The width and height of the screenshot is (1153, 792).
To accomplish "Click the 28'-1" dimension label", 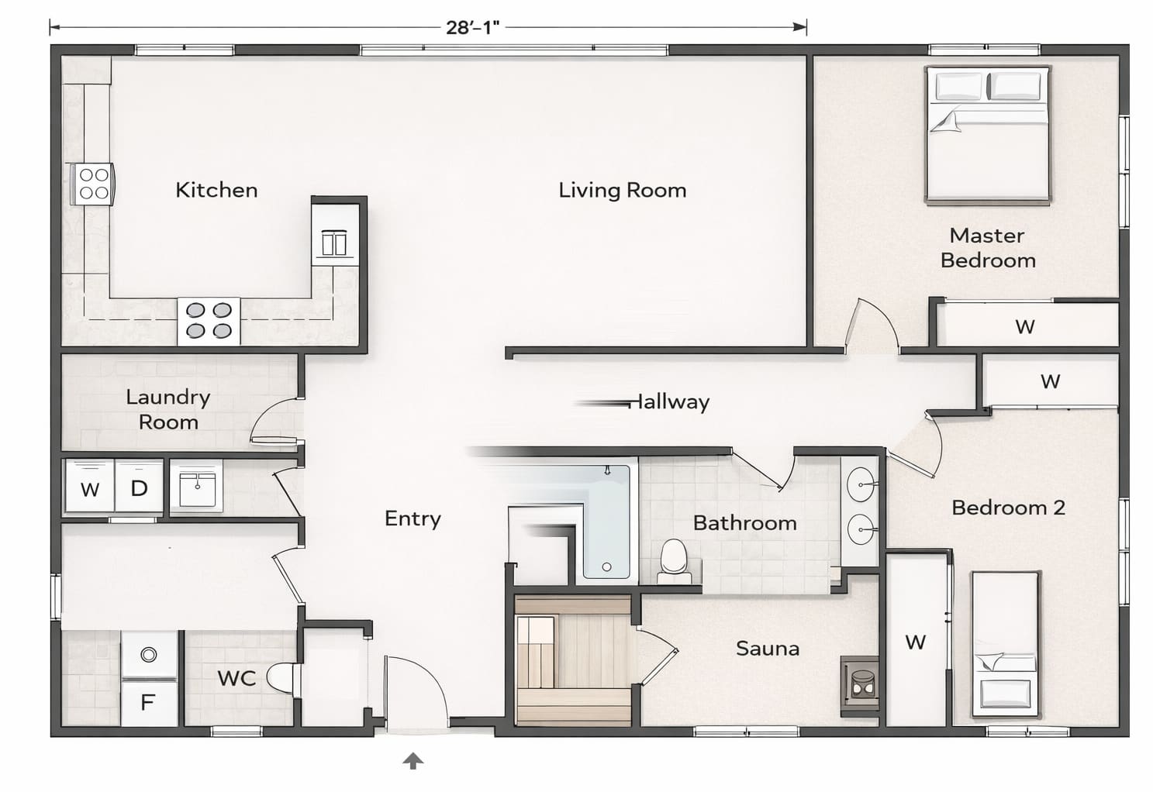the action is pyautogui.click(x=472, y=27).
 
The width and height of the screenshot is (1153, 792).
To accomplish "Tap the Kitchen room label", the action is pyautogui.click(x=216, y=191).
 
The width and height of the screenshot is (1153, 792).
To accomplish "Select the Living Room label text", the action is pyautogui.click(x=623, y=191).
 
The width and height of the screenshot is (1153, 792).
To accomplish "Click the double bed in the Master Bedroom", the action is pyautogui.click(x=988, y=135).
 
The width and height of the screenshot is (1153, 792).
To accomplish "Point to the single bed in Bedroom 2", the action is pyautogui.click(x=1005, y=644).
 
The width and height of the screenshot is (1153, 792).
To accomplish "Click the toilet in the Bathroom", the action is pyautogui.click(x=675, y=561).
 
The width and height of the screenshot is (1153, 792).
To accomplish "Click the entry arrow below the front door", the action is pyautogui.click(x=413, y=761).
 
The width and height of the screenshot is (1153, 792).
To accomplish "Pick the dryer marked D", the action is pyautogui.click(x=139, y=487).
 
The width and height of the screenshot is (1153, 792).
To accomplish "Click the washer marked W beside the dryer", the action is pyautogui.click(x=91, y=487).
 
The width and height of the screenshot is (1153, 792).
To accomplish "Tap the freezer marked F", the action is pyautogui.click(x=149, y=702).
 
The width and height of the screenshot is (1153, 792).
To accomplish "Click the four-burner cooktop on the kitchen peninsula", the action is pyautogui.click(x=209, y=321).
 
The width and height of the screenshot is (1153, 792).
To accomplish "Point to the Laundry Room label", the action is pyautogui.click(x=168, y=409).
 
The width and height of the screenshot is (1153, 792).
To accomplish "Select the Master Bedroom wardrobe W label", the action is pyautogui.click(x=1025, y=326).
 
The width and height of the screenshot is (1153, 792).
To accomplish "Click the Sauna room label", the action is pyautogui.click(x=768, y=649).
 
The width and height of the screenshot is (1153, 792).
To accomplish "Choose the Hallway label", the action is pyautogui.click(x=669, y=401).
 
